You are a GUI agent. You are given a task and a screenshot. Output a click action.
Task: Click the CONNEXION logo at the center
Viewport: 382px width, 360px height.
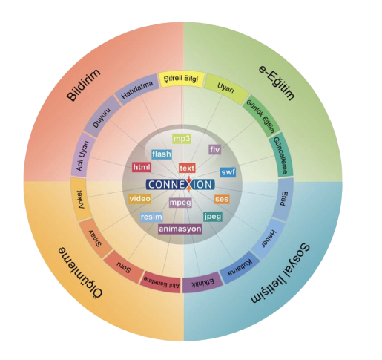180,184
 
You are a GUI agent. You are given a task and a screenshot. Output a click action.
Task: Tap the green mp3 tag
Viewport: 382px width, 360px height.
182,139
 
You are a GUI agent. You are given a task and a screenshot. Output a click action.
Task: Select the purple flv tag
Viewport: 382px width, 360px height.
214,149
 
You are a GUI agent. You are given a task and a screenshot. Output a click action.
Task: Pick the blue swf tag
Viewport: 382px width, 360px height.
228,172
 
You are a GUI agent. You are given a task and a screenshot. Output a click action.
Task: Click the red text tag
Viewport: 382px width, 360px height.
187,168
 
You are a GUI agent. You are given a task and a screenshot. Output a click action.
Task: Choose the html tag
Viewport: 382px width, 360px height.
142,167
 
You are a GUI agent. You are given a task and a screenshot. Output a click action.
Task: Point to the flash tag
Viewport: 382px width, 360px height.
162,154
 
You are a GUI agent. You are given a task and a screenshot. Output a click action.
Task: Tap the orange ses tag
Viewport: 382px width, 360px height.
222,199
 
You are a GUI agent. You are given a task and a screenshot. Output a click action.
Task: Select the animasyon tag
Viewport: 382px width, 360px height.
180,229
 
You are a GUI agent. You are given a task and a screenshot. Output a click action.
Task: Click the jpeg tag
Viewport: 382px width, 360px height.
213,217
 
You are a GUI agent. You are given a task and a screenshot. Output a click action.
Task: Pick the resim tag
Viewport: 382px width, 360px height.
151,217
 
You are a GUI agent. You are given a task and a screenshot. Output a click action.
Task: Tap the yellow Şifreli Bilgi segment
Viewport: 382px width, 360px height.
182,79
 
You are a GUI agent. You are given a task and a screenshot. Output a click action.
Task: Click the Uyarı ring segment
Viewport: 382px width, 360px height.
225,88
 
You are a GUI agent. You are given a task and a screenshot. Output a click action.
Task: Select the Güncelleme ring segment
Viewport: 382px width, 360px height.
281,155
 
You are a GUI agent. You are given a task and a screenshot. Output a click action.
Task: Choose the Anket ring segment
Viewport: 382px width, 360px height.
81,199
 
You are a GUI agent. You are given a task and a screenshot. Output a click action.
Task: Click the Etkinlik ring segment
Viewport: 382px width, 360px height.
202,282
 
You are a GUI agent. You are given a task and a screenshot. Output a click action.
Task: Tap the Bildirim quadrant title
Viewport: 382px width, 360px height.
84,85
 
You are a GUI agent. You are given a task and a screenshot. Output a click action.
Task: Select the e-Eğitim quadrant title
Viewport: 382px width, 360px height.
277,82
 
